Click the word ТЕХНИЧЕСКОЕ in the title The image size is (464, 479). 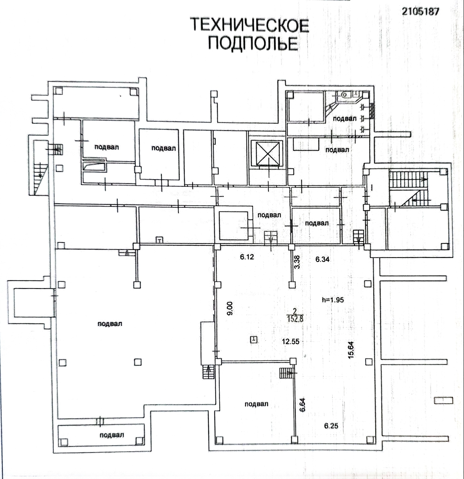[x=249, y=25]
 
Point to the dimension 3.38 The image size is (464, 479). [x=297, y=262]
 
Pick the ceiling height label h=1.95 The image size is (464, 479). [x=333, y=299]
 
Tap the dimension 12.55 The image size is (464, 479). [x=291, y=342]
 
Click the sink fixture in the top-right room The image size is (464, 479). [x=344, y=96]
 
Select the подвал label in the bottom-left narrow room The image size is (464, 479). [x=112, y=435]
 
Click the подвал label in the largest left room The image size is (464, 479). [x=109, y=323]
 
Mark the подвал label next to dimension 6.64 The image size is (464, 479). [x=256, y=404]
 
